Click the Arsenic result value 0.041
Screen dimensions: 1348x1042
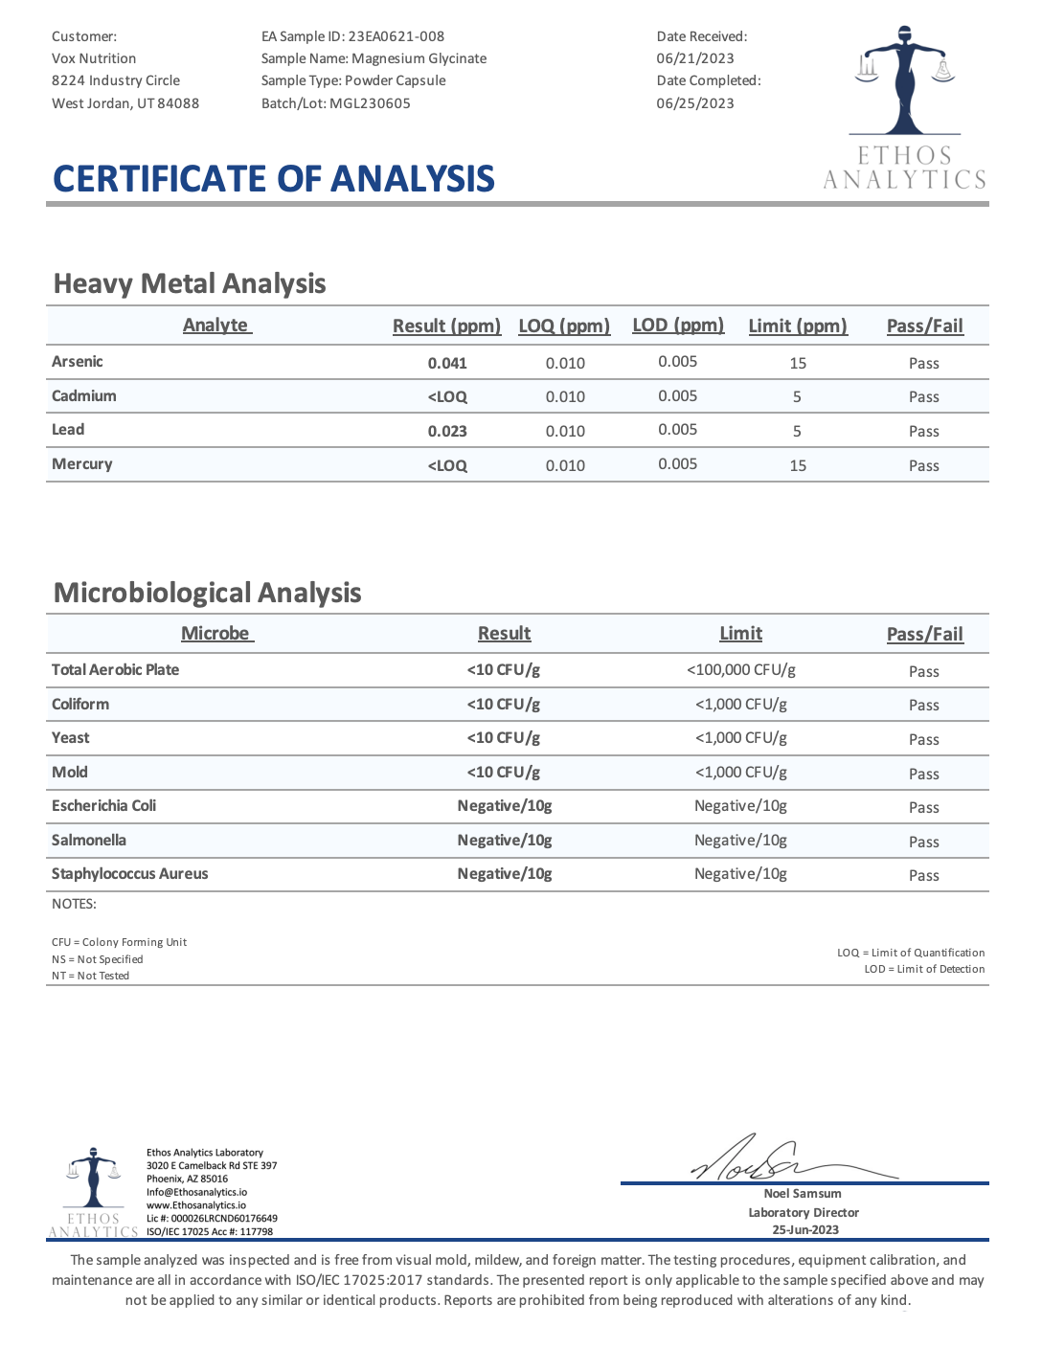447,363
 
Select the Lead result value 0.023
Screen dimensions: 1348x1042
447,431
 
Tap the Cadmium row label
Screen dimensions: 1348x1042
84,395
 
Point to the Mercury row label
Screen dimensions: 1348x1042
82,463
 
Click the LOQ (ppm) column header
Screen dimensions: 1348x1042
564,326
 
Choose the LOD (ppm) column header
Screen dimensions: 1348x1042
678,325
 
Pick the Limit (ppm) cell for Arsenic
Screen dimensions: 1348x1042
798,363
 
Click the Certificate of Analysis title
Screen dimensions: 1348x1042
274,179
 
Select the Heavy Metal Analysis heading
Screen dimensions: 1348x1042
190,283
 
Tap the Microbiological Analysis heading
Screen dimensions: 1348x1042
208,593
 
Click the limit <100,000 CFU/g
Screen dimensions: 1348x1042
740,669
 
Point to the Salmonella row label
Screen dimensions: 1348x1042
89,840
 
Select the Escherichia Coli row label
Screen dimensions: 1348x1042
104,805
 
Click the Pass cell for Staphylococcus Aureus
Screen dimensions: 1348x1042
923,875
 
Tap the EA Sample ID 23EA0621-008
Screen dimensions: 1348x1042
396,36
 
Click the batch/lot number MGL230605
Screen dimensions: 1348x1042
370,103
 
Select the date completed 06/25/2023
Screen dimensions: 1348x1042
695,103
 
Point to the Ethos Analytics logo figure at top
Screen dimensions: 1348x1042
904,81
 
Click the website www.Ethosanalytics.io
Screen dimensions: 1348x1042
196,1205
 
